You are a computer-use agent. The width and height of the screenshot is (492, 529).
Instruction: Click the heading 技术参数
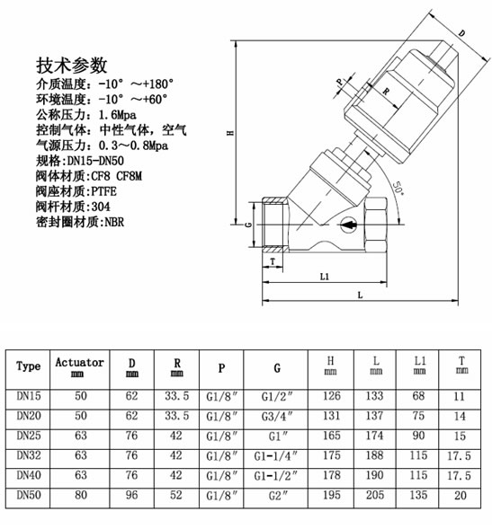[72, 66]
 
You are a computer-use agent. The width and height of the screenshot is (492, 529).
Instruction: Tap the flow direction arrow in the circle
[349, 225]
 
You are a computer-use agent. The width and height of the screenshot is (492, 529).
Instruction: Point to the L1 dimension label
[325, 277]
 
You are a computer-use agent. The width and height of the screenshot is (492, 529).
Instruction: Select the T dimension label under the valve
[273, 261]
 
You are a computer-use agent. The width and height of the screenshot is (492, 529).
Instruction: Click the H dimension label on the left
[230, 133]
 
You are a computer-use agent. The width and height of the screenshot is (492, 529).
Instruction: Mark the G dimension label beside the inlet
[248, 225]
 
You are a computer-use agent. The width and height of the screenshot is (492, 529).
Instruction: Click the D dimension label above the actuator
[461, 33]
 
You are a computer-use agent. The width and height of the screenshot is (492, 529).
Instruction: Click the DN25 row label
[29, 436]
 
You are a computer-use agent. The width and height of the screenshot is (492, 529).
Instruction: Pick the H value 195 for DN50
[332, 495]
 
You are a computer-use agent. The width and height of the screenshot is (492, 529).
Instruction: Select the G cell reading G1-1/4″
[276, 455]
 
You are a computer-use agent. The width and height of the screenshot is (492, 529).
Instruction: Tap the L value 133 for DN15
[374, 396]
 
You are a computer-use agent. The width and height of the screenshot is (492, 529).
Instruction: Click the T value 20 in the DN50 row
[461, 495]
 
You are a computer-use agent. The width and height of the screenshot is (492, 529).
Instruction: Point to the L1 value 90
[418, 436]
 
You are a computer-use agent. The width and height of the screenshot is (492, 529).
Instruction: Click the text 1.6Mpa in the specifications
[117, 115]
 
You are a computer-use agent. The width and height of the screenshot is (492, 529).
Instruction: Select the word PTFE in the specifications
[103, 191]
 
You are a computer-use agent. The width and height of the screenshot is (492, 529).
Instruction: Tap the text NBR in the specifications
[114, 223]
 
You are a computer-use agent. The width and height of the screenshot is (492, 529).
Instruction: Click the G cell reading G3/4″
[276, 417]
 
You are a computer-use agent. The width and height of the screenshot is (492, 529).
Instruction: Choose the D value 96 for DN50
[131, 495]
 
